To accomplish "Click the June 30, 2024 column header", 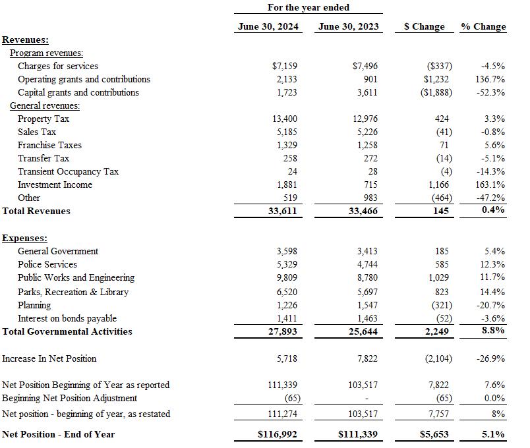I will coord(268,26).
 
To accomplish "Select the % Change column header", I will coord(483,26).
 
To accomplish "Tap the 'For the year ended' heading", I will coord(309,7).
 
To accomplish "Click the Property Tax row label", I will coord(44,119).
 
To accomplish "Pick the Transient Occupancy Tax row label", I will coord(69,171).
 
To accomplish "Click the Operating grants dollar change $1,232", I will coord(434,79).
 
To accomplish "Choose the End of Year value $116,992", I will coord(277,434).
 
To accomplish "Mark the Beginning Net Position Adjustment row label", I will coord(70,398).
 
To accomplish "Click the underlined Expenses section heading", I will coord(25,238).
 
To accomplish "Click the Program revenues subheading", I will coord(46,53).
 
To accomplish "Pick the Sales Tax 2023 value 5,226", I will coord(367,132).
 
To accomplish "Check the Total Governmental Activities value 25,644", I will coord(363,331).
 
